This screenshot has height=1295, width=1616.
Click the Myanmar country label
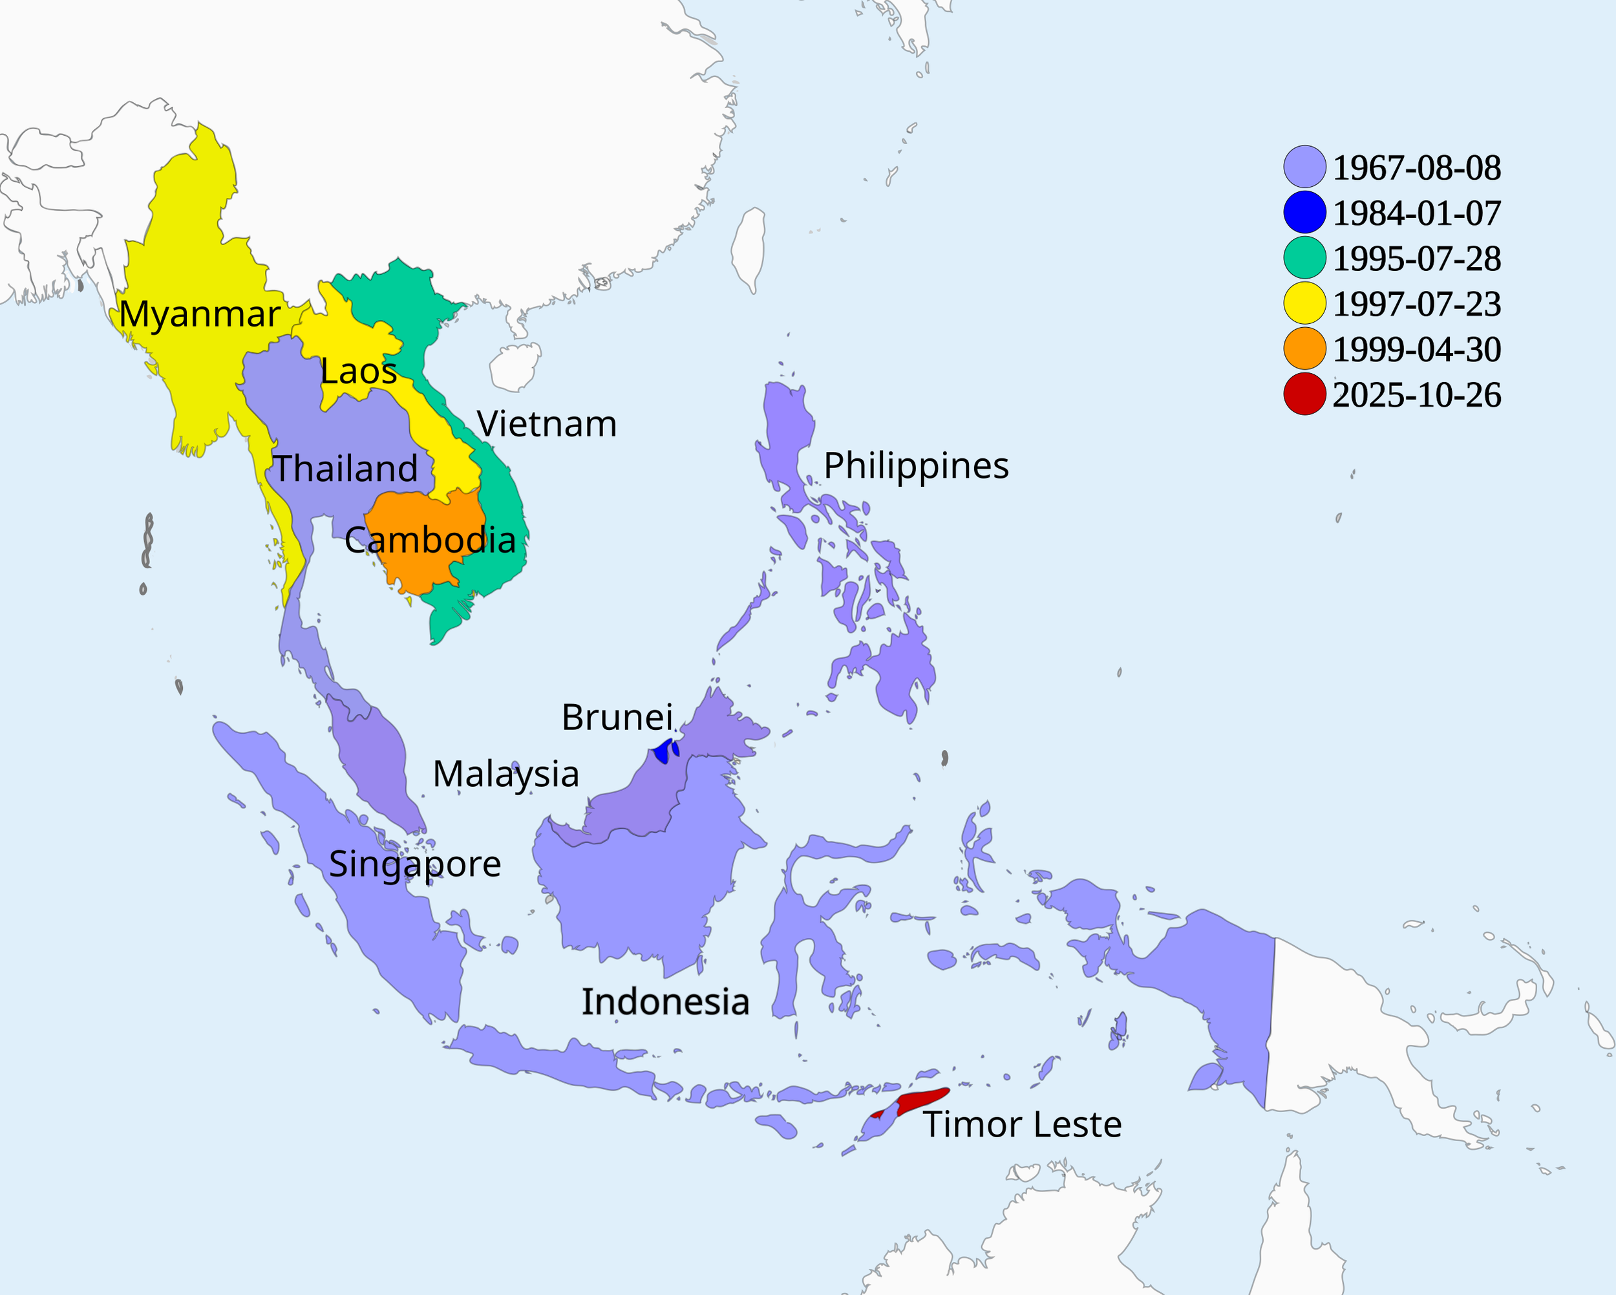(x=199, y=314)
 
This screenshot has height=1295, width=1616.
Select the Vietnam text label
(x=546, y=424)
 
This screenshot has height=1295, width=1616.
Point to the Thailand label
(x=345, y=469)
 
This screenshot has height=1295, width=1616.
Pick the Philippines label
(x=916, y=466)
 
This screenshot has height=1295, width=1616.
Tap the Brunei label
(x=617, y=718)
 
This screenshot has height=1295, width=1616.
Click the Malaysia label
(x=506, y=774)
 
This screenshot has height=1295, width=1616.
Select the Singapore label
(x=414, y=864)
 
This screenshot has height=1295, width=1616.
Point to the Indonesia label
(x=666, y=1002)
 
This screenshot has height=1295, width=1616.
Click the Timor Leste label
(x=1021, y=1125)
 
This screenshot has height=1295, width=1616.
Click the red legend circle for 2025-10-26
(x=1304, y=394)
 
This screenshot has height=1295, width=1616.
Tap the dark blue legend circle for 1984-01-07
(x=1304, y=212)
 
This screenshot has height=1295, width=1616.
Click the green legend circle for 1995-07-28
(x=1304, y=258)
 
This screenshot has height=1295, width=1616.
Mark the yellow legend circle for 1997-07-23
(x=1304, y=303)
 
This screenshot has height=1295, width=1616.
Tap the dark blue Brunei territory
(x=663, y=751)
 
